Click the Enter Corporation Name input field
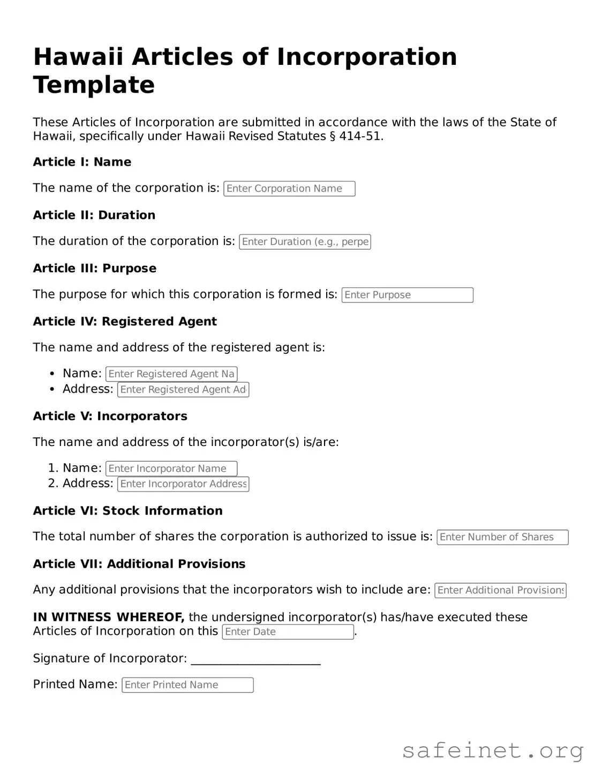289,189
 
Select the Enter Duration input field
305,242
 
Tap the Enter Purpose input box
407,295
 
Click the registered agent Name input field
171,374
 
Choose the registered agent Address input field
183,390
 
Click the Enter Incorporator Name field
171,469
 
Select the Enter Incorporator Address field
183,484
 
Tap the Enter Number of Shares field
502,537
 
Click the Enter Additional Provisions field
500,590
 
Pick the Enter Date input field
288,632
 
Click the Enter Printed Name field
187,685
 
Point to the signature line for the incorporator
255,660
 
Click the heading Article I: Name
82,162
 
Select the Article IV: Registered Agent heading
125,322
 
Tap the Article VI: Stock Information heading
127,511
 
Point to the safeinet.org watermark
492,751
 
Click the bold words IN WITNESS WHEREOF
109,617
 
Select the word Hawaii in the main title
78,57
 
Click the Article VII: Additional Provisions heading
139,564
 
